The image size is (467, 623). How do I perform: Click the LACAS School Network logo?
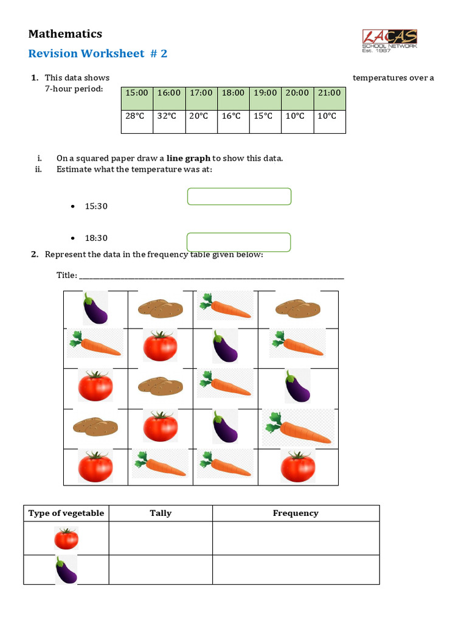390,40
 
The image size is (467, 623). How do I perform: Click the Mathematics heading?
65,34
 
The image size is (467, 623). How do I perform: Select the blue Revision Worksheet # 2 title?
97,54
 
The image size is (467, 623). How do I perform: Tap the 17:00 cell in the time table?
201,93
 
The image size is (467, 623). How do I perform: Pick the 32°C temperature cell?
169,116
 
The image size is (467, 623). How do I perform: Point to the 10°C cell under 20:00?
297,116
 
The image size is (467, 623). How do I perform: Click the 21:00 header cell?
329,93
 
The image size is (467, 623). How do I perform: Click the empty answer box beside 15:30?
239,197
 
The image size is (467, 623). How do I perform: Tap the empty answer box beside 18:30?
239,242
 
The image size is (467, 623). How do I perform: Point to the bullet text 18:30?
96,238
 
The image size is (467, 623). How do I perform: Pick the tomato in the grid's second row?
161,346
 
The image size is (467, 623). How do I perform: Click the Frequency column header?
296,513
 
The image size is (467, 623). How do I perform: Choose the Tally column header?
161,513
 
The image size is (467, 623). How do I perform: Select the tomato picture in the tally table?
66,538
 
